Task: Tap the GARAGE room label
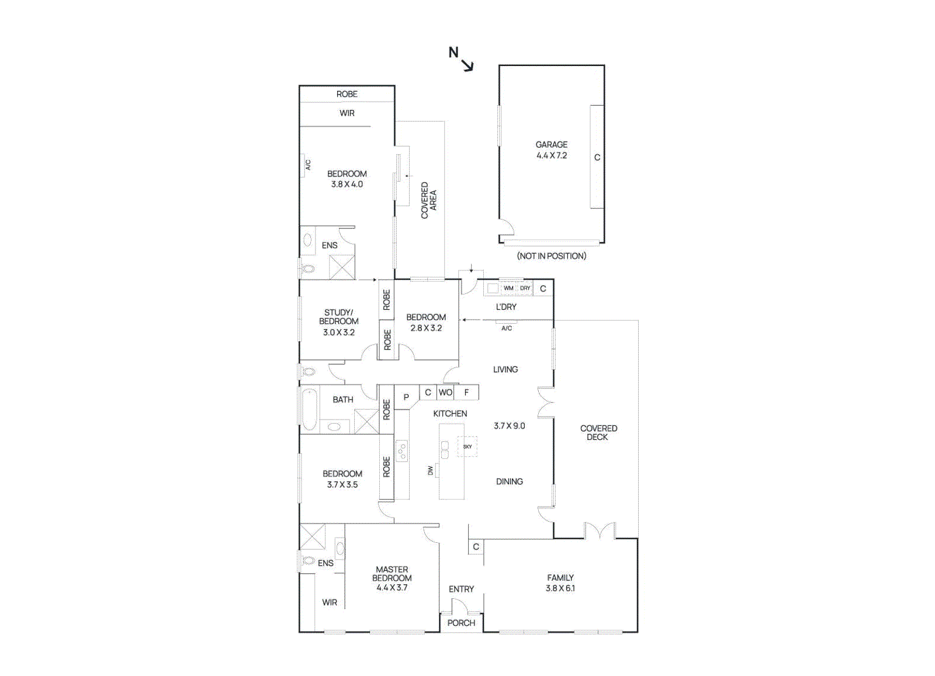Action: point(551,144)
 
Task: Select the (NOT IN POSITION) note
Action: point(551,256)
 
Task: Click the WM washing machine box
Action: point(508,288)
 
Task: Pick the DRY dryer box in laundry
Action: point(525,288)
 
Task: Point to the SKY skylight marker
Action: point(467,446)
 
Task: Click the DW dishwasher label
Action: point(431,470)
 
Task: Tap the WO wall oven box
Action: point(445,392)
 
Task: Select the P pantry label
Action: point(406,397)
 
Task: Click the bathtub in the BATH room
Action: point(310,409)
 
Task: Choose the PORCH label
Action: point(461,623)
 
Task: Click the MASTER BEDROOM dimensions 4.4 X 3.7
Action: point(392,588)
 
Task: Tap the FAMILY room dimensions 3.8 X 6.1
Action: point(560,588)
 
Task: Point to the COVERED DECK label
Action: point(598,432)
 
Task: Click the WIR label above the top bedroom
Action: point(347,113)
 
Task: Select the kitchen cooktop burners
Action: point(402,450)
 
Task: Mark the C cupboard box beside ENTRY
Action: point(476,547)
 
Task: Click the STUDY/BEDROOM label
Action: point(338,317)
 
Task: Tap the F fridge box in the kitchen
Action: point(466,392)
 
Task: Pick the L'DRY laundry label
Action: point(506,307)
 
